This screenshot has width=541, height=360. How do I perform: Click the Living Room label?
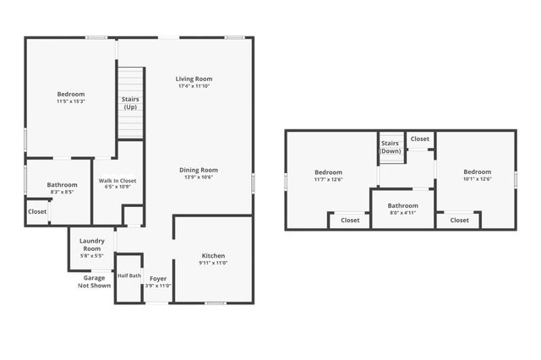coord(194,79)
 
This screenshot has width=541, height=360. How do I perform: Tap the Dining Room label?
coord(199,170)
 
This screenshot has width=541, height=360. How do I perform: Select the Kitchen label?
coord(213,255)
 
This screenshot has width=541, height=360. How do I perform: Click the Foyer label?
coord(158,278)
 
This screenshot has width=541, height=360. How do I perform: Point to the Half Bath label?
coord(128,275)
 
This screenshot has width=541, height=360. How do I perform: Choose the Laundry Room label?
coord(91,245)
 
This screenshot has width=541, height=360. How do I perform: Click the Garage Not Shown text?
coord(94,281)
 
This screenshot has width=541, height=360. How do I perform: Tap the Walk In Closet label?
coord(117,181)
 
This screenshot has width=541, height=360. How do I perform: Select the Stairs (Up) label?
coord(130,103)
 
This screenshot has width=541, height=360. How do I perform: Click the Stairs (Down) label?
coord(390,147)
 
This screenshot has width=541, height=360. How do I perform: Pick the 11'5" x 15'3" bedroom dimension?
coord(71,102)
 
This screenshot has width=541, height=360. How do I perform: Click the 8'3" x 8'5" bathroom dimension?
coord(62,193)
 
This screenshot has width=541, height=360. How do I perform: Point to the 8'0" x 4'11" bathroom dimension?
coord(402,213)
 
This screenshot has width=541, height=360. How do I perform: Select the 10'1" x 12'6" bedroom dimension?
coord(477,179)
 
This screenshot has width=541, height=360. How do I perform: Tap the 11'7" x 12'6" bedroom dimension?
coord(329,179)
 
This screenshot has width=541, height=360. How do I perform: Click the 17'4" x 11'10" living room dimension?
coord(194,86)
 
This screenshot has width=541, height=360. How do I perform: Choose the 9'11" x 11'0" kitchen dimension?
coord(213,263)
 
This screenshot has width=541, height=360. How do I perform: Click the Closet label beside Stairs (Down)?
coord(420,139)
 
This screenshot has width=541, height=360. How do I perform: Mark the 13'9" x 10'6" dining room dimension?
coord(199,177)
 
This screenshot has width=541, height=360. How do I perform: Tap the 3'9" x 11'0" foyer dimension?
coord(158,286)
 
